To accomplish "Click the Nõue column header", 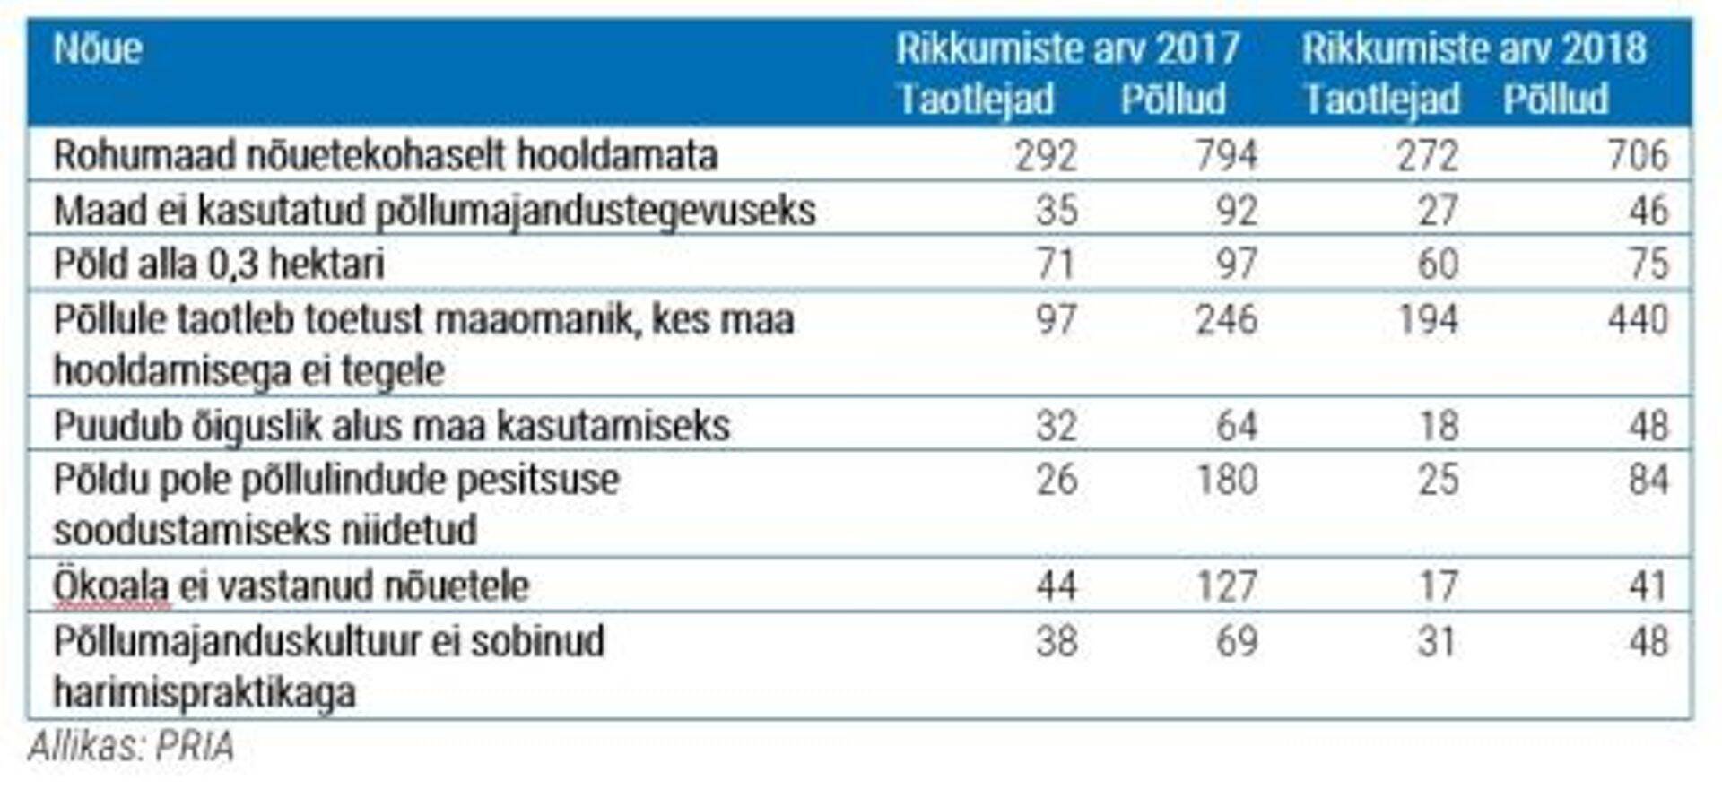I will coord(98,48).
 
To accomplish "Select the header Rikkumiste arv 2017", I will coord(1067,48).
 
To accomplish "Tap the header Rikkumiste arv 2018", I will coord(1474,48).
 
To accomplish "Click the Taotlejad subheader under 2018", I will coord(1382,99).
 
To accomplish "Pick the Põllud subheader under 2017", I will coord(1173,99).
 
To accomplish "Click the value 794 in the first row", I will coord(1226,155).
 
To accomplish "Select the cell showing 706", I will coord(1638,155).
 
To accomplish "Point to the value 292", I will coord(1046,155).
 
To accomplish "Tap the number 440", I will coord(1638,319).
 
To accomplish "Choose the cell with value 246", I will coord(1226,319).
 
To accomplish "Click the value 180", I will coord(1226,479).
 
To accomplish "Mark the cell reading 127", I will coord(1226,585).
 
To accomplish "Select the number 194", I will coord(1428,319).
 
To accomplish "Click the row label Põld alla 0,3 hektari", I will coord(219,264).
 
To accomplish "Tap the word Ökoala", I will coord(111,585).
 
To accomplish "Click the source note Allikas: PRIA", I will coord(131,746).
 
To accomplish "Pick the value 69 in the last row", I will coord(1237,641).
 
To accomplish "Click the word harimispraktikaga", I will coord(204,692).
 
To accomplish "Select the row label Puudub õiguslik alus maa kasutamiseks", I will coord(392,425).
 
